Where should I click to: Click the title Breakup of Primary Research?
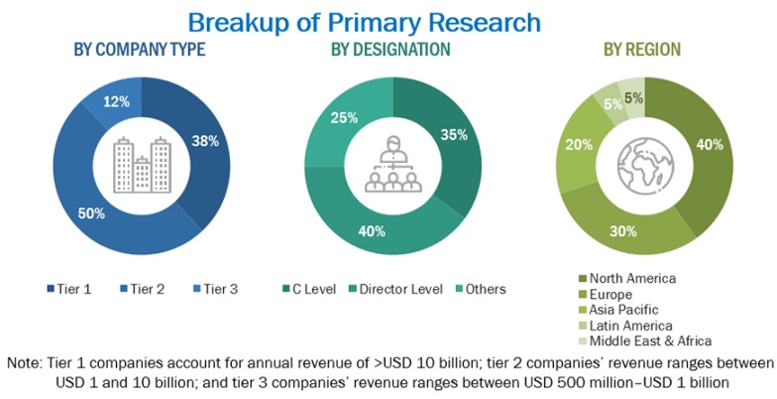coord(364,21)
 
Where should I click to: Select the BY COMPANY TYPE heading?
coord(140,49)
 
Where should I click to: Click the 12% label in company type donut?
coord(118,103)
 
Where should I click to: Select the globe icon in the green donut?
coord(645,165)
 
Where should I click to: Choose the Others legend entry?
coord(479,289)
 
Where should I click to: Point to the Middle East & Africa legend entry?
coord(644,340)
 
